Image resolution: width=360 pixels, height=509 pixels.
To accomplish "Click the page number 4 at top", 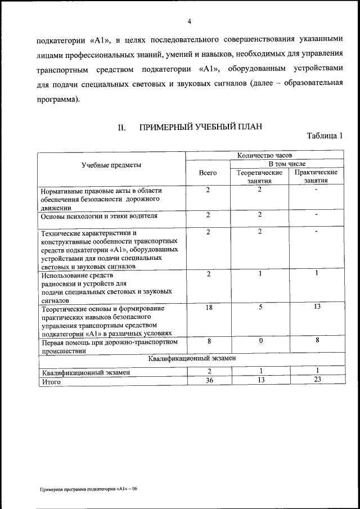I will [190, 21].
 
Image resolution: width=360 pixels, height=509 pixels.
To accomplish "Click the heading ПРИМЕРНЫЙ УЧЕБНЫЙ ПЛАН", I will [201, 127].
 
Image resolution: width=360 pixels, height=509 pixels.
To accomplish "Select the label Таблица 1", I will [325, 136].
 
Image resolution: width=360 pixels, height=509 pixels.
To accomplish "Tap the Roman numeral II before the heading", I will [121, 128].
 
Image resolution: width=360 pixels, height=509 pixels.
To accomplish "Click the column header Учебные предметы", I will [111, 165].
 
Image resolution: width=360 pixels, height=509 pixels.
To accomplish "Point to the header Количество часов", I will [264, 155].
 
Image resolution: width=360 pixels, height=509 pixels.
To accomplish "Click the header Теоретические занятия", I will [259, 177].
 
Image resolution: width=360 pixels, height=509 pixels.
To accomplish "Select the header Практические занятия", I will [316, 177].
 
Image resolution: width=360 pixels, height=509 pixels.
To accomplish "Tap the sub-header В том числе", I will [287, 164].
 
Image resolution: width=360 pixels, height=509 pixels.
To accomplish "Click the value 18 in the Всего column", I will [208, 308].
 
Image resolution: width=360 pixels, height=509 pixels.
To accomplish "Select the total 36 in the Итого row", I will [208, 381].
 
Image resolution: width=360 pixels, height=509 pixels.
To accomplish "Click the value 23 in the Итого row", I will [317, 381].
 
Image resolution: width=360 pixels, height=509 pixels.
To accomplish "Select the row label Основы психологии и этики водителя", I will [99, 215].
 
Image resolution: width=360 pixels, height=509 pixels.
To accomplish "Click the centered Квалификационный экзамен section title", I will [192, 358].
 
